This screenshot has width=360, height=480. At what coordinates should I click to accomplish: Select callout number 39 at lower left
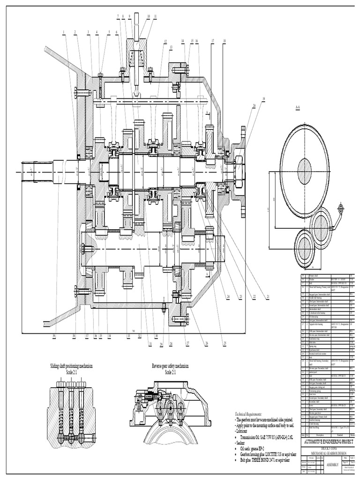(54, 336)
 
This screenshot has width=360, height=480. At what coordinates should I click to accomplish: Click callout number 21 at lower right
(268, 296)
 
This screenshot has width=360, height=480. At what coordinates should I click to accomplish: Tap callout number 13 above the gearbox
(171, 47)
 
